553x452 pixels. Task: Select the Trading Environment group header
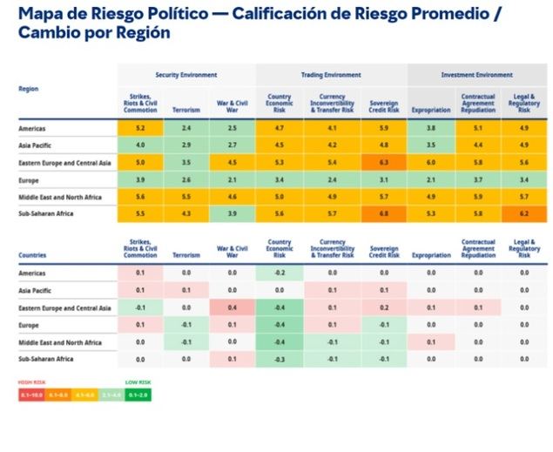pyautogui.click(x=333, y=75)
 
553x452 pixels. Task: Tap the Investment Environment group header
pyautogui.click(x=476, y=75)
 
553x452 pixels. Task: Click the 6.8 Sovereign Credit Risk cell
pyautogui.click(x=384, y=213)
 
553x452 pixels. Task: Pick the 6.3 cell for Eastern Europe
pyautogui.click(x=384, y=162)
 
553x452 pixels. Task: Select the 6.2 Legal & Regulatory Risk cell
pyautogui.click(x=524, y=213)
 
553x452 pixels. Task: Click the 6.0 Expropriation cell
pyautogui.click(x=430, y=162)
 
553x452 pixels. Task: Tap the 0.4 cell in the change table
pyautogui.click(x=232, y=308)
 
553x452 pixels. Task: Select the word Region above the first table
pyautogui.click(x=28, y=89)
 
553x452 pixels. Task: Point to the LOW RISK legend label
pyautogui.click(x=137, y=381)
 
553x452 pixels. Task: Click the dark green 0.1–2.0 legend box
pyautogui.click(x=138, y=394)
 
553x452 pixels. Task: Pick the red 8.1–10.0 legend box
pyautogui.click(x=33, y=394)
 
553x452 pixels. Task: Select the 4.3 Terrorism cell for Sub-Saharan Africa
pyautogui.click(x=185, y=213)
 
